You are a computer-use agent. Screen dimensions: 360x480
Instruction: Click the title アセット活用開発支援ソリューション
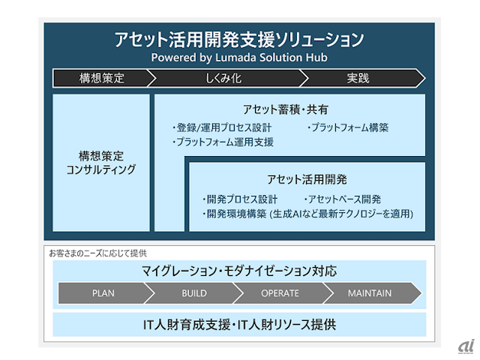239,39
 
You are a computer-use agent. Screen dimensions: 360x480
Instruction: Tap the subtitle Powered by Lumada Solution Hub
239,57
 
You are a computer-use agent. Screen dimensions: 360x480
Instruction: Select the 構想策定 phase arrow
101,77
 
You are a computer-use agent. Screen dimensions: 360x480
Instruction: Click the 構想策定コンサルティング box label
101,162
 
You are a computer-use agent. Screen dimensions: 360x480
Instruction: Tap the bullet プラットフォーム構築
348,127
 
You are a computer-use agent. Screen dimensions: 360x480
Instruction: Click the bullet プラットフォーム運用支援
223,141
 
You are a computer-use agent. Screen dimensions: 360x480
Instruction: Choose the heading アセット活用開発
306,179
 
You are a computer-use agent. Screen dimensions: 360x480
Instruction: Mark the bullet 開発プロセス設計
240,199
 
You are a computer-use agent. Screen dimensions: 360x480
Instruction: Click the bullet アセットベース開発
343,199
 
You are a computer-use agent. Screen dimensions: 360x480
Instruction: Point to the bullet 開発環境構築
307,214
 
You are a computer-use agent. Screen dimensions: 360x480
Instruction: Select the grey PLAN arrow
103,293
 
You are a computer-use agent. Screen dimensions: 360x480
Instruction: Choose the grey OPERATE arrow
280,293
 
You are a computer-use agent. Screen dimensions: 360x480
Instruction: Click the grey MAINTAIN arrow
369,293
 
